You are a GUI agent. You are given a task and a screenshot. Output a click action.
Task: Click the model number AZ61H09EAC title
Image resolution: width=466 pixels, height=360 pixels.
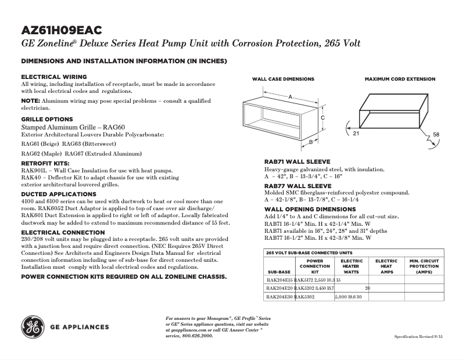coord(64,31)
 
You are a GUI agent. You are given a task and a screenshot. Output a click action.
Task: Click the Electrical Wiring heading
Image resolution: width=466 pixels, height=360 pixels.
coord(54,77)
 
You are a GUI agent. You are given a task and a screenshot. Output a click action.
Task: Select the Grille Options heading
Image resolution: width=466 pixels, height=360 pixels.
coord(47,118)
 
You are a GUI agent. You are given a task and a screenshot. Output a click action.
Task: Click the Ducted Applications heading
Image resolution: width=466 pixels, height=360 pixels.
coord(59,194)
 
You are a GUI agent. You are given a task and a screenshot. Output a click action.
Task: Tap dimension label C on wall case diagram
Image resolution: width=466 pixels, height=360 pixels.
coord(322,117)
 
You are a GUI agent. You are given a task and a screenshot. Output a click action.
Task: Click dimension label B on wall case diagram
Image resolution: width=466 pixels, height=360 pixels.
coord(311,141)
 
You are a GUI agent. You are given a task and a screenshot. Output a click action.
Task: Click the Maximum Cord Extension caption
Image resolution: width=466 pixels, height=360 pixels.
coord(400,79)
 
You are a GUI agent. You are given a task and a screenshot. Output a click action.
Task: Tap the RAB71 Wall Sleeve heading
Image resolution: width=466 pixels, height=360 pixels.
coord(297,161)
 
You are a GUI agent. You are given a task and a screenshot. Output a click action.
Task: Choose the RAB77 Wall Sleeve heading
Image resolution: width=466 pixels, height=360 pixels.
coord(297,186)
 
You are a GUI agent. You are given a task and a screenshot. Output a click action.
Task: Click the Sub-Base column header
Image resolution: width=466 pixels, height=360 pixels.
coord(278,271)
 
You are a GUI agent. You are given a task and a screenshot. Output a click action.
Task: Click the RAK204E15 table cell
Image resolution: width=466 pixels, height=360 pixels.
coord(279,280)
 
